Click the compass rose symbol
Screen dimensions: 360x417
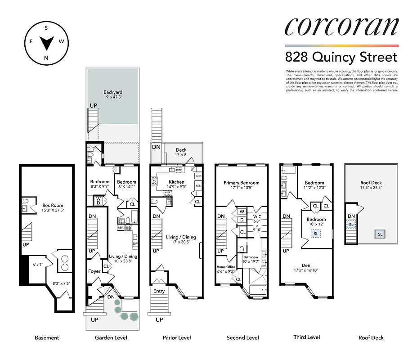click(46, 43)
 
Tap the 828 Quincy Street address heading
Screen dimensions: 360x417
click(341, 57)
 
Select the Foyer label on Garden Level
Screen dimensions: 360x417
click(94, 271)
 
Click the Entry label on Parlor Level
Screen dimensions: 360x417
click(159, 291)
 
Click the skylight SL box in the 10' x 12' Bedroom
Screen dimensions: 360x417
click(316, 234)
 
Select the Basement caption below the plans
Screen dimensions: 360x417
click(47, 337)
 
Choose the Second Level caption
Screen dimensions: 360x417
click(243, 337)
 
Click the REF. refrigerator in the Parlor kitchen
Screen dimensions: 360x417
click(198, 185)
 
